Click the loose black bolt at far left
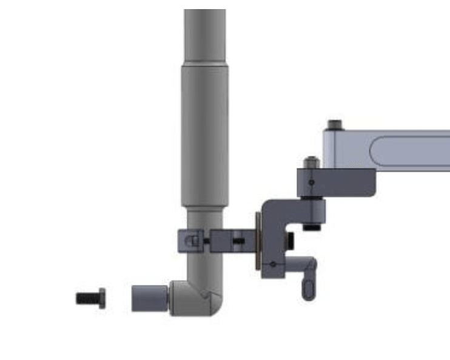click(90, 298)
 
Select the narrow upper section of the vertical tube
click(205, 36)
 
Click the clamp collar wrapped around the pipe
click(192, 241)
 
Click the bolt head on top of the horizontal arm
click(334, 125)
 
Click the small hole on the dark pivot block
click(311, 182)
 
